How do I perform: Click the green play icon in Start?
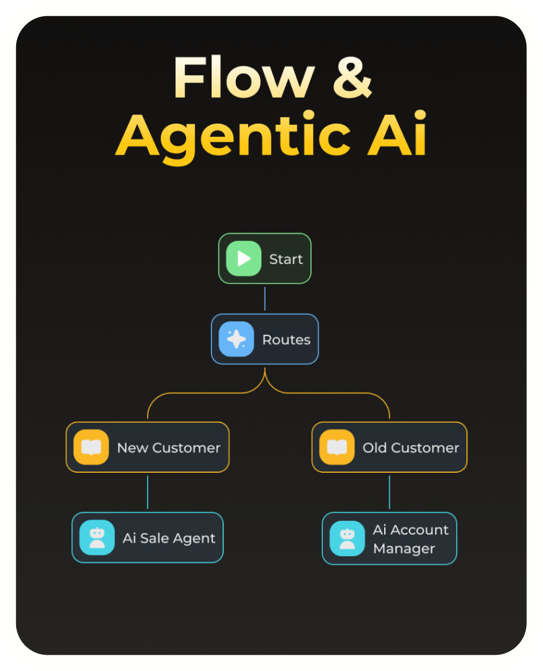pos(243,258)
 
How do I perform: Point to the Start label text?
pos(286,259)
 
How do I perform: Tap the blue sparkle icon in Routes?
pos(236,339)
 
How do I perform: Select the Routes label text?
pos(286,340)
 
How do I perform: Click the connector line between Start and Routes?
pos(265,299)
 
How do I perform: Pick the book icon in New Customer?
pos(91,447)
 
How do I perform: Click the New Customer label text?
pos(169,448)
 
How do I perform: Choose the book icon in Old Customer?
pos(337,447)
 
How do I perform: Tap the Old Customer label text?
pos(411,448)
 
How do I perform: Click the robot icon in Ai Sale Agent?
pos(97,537)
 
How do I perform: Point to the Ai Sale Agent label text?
pos(169,538)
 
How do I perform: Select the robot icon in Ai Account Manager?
pos(348,539)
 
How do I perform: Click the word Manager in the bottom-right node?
pos(404,549)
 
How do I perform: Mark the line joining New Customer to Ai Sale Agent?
pos(148,492)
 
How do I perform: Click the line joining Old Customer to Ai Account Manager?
pos(390,492)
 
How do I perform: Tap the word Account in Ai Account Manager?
pos(420,529)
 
